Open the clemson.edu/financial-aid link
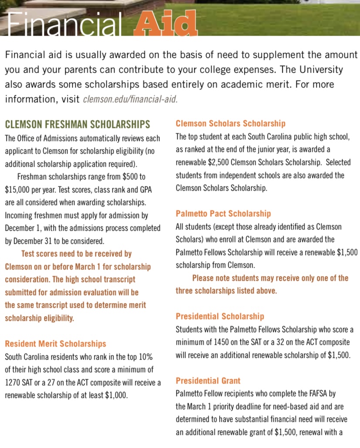pyautogui.click(x=130, y=99)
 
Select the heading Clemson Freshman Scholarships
pyautogui.click(x=78, y=124)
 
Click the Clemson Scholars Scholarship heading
pyautogui.click(x=231, y=124)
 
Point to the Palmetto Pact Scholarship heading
pyautogui.click(x=223, y=213)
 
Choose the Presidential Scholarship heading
pyautogui.click(x=220, y=316)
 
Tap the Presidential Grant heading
pyautogui.click(x=208, y=381)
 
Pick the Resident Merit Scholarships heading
pyautogui.click(x=55, y=344)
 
